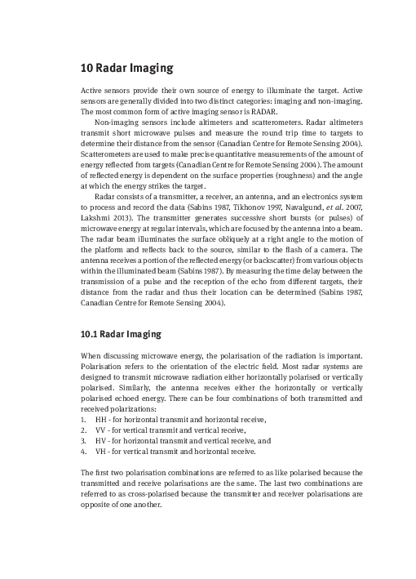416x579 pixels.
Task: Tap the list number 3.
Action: point(83,439)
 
